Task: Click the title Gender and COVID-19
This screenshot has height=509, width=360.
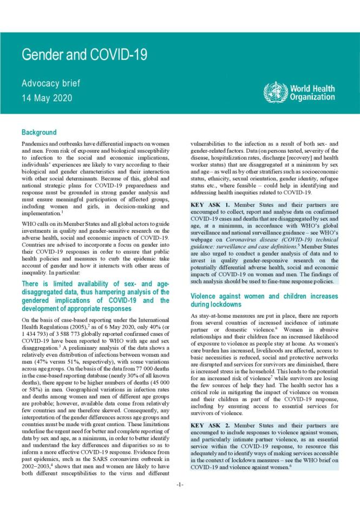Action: pyautogui.click(x=84, y=55)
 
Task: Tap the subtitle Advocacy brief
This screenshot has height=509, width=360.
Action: pyautogui.click(x=50, y=83)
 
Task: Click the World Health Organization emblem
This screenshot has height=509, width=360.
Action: pyautogui.click(x=274, y=92)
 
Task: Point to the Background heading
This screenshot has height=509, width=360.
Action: pyautogui.click(x=39, y=132)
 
